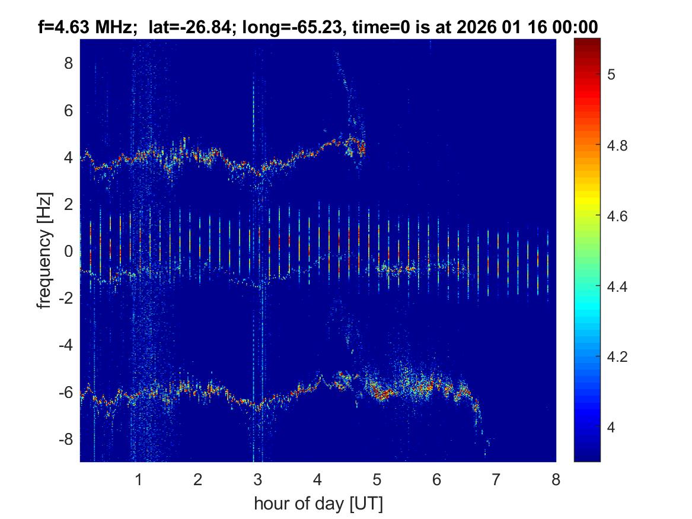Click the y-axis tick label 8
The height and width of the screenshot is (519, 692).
pyautogui.click(x=68, y=63)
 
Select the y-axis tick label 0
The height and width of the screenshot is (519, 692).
pyautogui.click(x=68, y=251)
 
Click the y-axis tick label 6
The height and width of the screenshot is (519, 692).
pyautogui.click(x=68, y=110)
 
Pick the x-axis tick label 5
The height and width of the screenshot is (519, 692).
pyautogui.click(x=377, y=479)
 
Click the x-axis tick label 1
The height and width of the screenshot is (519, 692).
pyautogui.click(x=139, y=479)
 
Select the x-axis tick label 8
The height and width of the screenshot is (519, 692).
pyautogui.click(x=556, y=479)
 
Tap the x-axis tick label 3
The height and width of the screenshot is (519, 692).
pyautogui.click(x=258, y=479)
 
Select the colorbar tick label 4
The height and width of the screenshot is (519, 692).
pyautogui.click(x=612, y=428)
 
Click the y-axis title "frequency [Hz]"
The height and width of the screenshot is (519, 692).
pyautogui.click(x=44, y=250)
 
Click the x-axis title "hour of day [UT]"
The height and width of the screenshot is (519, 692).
pyautogui.click(x=318, y=504)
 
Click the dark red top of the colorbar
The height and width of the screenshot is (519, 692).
pyautogui.click(x=587, y=43)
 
